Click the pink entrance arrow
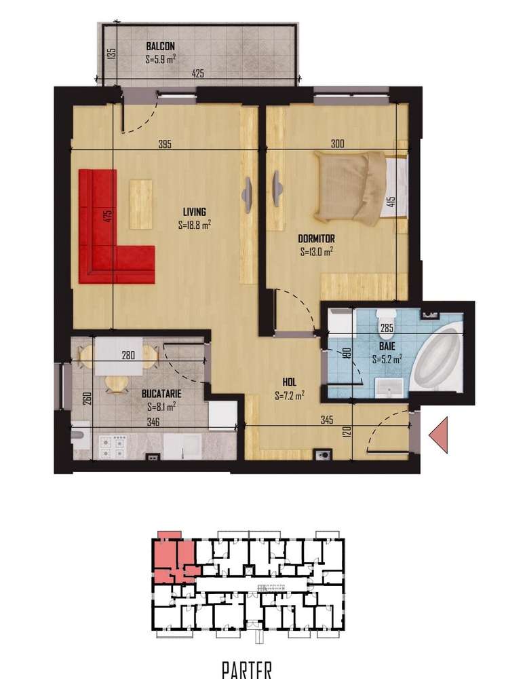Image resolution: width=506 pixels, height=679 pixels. click(x=439, y=435)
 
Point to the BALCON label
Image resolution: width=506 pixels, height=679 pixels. click(x=160, y=46)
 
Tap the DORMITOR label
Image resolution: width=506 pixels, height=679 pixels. click(x=317, y=239)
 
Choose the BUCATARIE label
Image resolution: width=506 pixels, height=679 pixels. click(x=161, y=393)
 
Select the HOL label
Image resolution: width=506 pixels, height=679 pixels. click(x=290, y=382)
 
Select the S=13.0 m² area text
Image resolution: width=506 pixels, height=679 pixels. click(x=316, y=251)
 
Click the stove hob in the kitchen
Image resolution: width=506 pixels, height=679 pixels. click(x=112, y=446)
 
